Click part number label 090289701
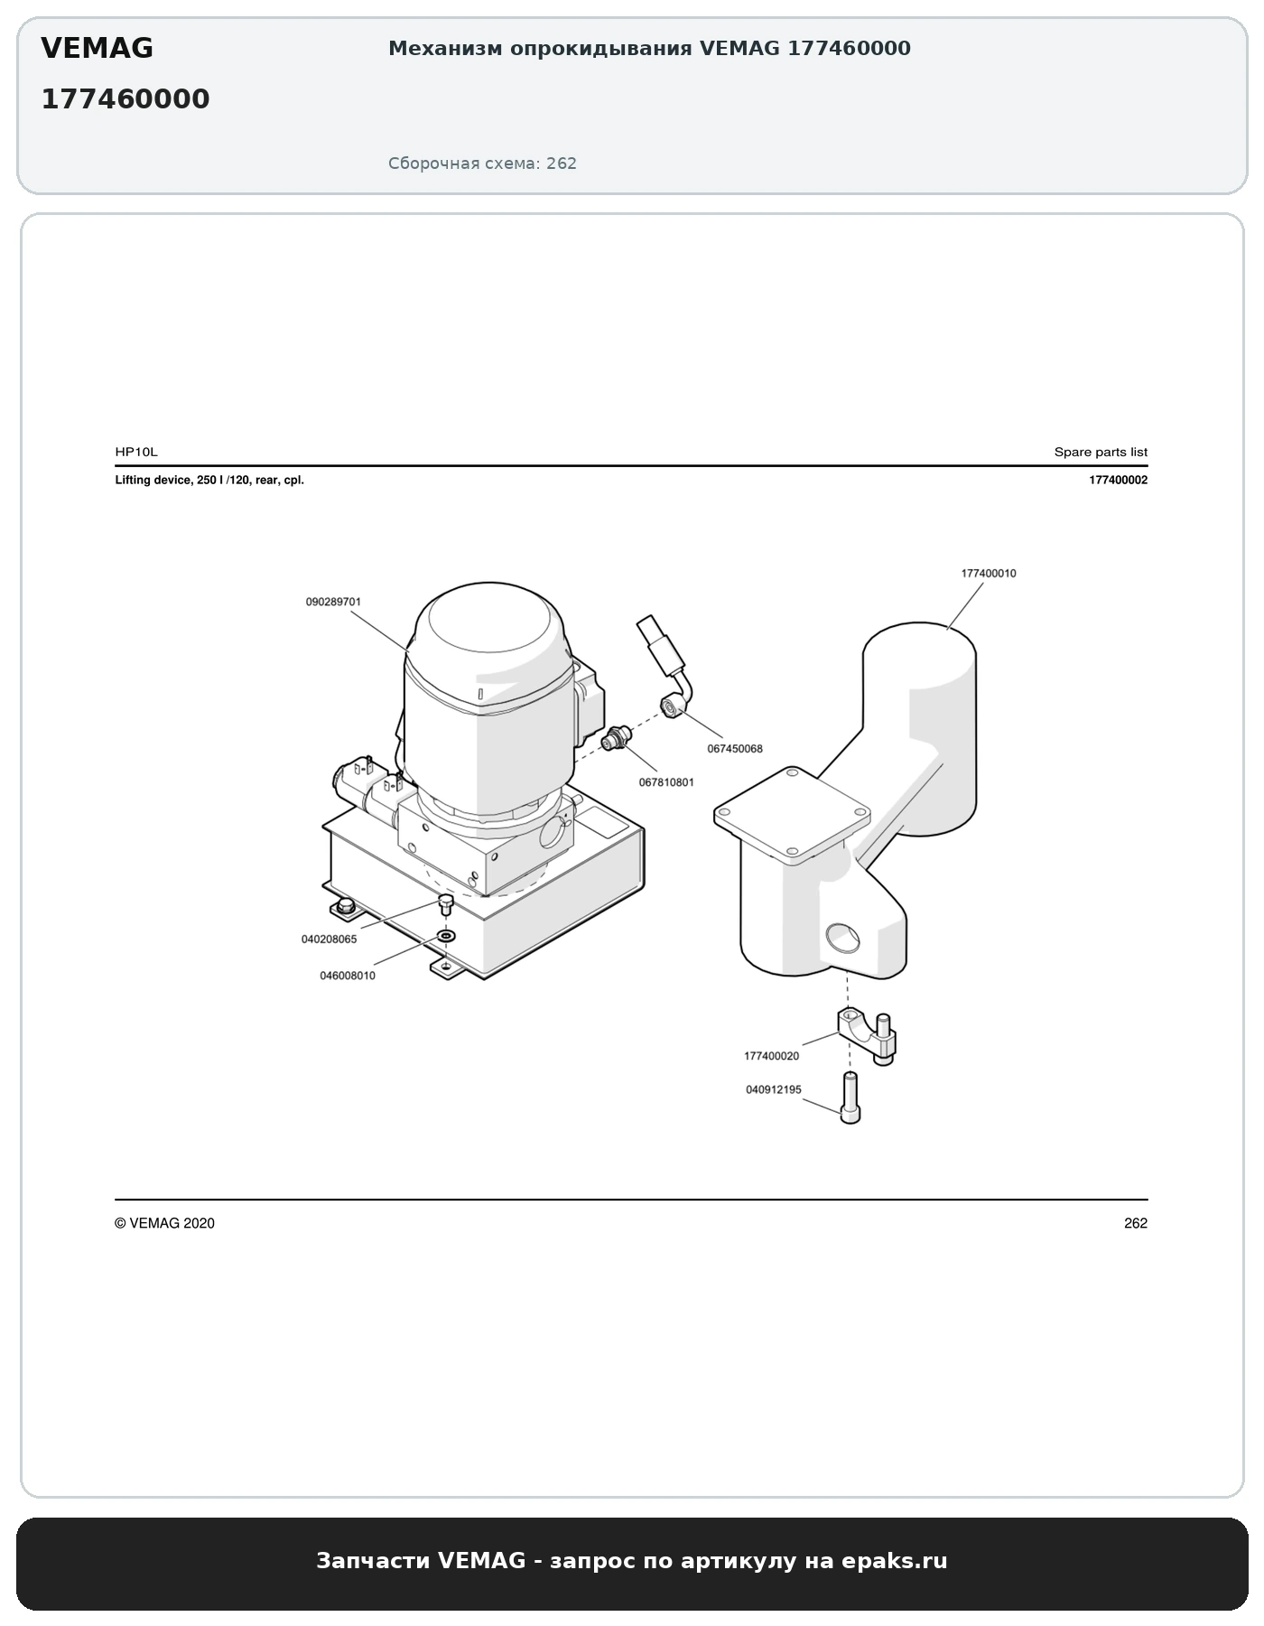point(333,602)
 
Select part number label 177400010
point(989,574)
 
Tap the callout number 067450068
point(735,749)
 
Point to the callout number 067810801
point(666,782)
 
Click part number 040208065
point(329,939)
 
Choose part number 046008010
point(348,976)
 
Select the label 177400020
point(771,1056)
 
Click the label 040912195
point(774,1089)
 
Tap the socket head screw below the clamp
point(850,1098)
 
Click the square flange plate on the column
point(792,816)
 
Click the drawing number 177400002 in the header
point(1118,481)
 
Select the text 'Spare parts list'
point(1101,452)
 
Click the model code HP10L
point(136,452)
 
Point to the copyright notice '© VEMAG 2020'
point(164,1223)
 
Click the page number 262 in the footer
point(1136,1223)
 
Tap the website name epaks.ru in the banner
point(895,1560)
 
